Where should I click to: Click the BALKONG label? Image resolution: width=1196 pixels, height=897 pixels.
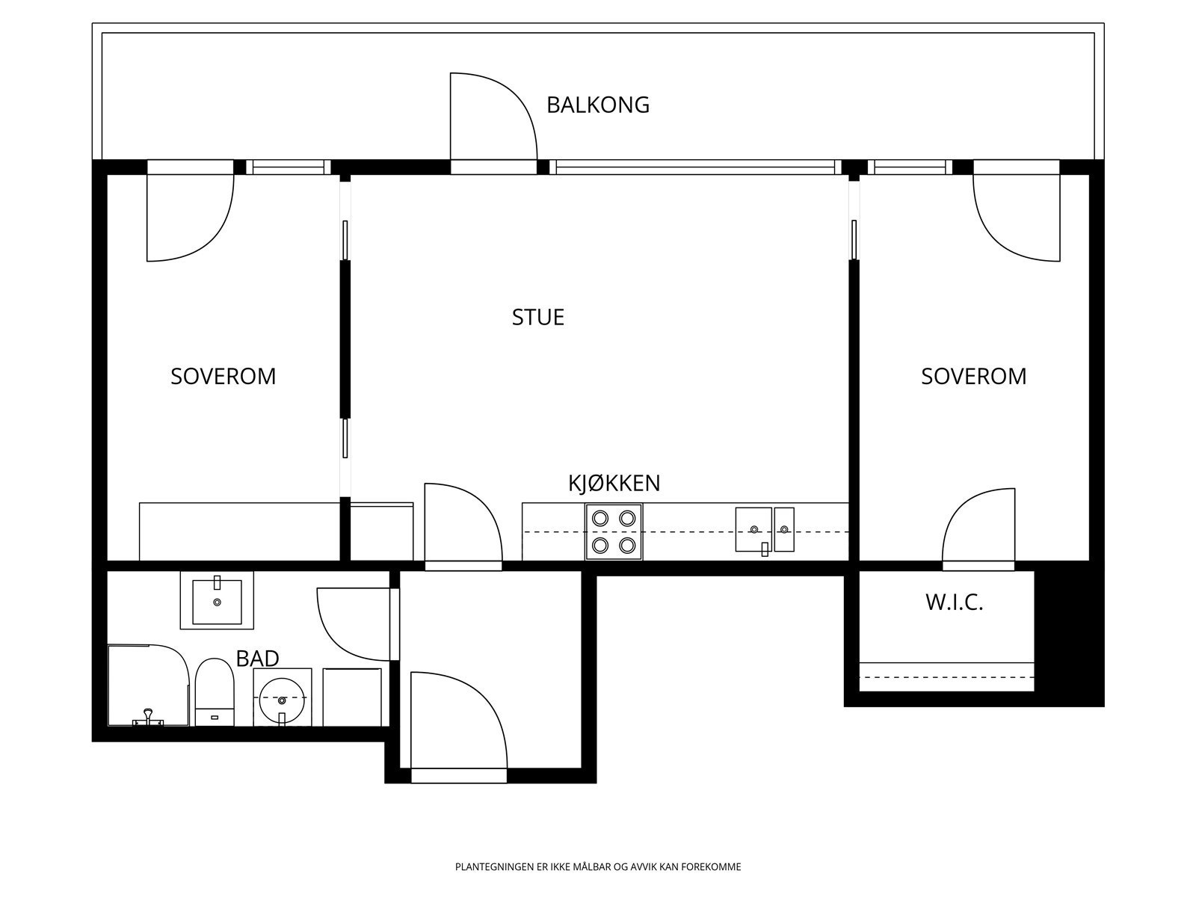tap(598, 105)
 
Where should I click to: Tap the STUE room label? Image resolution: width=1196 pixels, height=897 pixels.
tap(537, 317)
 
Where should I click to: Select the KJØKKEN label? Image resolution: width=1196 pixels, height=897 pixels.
tap(614, 483)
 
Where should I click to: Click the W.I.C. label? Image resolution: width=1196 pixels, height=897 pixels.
tap(954, 602)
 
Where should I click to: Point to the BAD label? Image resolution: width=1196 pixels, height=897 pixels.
tap(257, 659)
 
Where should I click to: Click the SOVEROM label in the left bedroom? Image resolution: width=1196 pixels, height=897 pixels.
tap(224, 376)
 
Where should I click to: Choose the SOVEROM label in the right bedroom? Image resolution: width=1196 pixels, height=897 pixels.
tap(974, 376)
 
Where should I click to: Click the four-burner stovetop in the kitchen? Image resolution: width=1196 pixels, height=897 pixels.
tap(614, 531)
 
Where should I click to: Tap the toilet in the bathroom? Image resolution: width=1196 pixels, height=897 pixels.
tap(215, 691)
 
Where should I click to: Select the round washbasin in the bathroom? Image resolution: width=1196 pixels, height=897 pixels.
tap(283, 697)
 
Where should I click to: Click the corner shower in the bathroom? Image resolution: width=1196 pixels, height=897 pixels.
tap(148, 685)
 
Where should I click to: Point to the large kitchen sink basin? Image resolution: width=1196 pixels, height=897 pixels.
tap(753, 529)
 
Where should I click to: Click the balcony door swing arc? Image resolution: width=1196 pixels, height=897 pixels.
tap(512, 98)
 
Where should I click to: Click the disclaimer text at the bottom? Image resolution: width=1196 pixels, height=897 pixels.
tap(598, 866)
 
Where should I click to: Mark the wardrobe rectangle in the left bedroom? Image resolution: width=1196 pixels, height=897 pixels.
tap(240, 531)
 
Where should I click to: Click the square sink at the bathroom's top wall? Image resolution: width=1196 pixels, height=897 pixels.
tap(217, 600)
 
